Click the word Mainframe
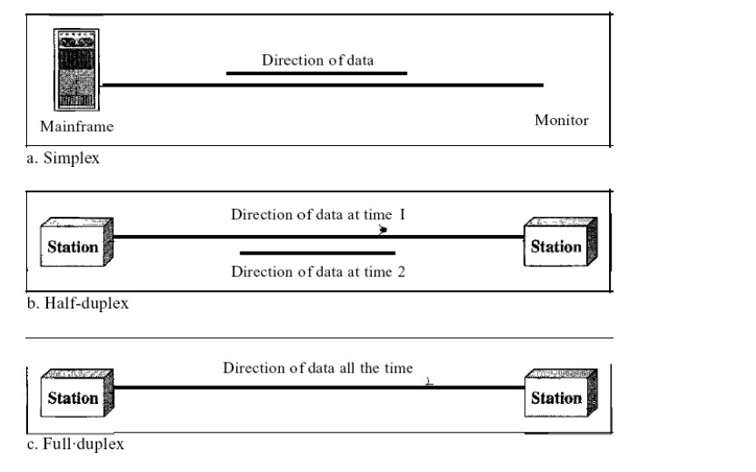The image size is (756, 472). point(77,127)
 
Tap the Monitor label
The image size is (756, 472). point(561,120)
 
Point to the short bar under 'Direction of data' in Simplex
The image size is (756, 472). point(317,73)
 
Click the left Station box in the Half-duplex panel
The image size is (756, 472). point(73,246)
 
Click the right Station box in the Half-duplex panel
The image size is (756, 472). point(557,246)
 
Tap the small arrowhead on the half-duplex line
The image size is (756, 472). point(383,232)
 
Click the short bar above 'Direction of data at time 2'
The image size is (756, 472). point(317,253)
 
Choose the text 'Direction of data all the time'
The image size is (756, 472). point(318,367)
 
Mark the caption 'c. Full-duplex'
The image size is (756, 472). point(75,444)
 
